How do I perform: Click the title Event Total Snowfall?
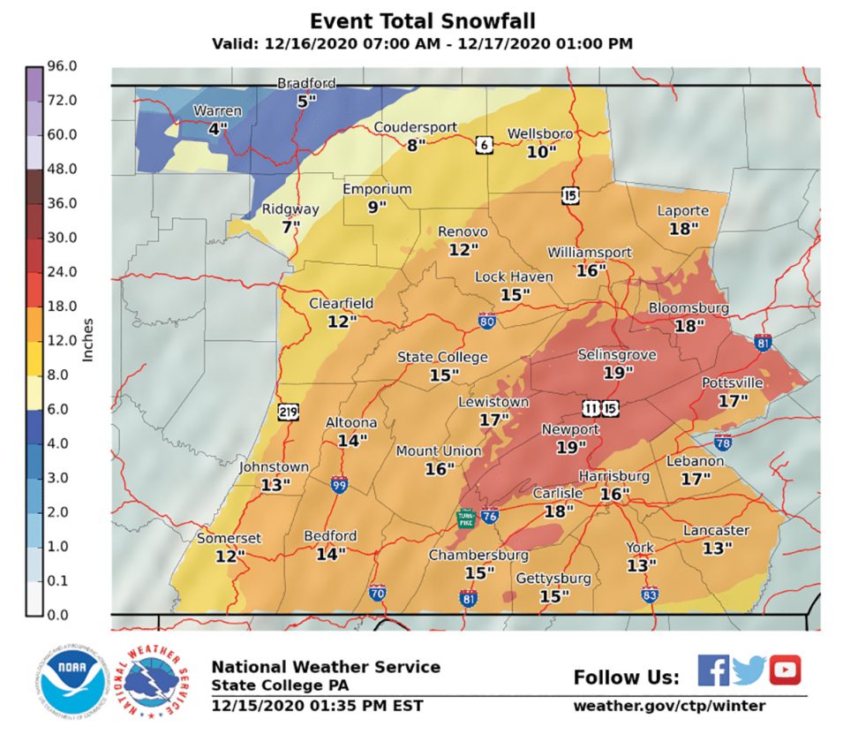(x=422, y=20)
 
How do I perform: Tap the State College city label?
(x=441, y=357)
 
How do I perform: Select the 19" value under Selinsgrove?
(x=619, y=372)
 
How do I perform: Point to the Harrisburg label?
(x=614, y=476)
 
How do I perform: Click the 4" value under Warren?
(x=217, y=128)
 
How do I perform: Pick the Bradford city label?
(x=306, y=83)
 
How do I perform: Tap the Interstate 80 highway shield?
(x=485, y=322)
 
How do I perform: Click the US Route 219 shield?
(x=287, y=411)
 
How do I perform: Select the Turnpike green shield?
(x=464, y=519)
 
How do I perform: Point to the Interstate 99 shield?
(x=339, y=484)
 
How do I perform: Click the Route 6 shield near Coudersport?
(x=484, y=145)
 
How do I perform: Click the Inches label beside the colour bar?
(x=88, y=340)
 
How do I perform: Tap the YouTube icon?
(x=784, y=670)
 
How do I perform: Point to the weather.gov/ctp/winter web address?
(x=669, y=706)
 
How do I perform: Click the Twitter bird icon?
(x=749, y=671)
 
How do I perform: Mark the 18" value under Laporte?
(x=683, y=228)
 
